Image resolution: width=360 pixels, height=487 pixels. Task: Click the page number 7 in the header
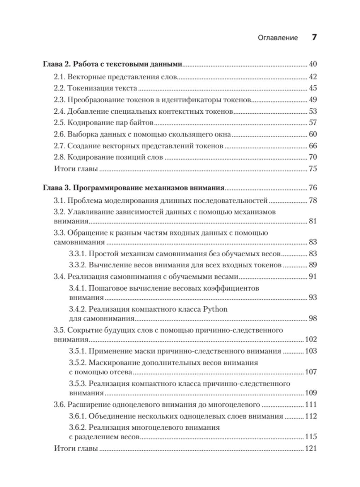click(314, 37)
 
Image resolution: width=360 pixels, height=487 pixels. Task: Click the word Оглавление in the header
click(278, 38)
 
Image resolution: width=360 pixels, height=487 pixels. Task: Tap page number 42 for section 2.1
click(313, 77)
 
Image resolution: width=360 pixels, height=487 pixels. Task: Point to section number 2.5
click(59, 123)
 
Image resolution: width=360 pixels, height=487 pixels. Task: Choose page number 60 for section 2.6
click(313, 134)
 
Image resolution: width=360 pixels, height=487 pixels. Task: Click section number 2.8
click(59, 157)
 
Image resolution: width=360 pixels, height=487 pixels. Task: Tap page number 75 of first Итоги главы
click(313, 169)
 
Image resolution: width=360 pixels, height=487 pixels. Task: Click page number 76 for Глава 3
click(313, 188)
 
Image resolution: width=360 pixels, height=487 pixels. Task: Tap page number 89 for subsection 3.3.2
click(313, 265)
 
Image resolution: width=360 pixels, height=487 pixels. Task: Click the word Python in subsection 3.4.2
click(215, 309)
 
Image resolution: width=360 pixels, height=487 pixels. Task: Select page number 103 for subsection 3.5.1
click(311, 351)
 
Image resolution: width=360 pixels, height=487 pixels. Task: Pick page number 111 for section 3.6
click(311, 405)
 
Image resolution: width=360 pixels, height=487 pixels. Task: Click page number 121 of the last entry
click(311, 448)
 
